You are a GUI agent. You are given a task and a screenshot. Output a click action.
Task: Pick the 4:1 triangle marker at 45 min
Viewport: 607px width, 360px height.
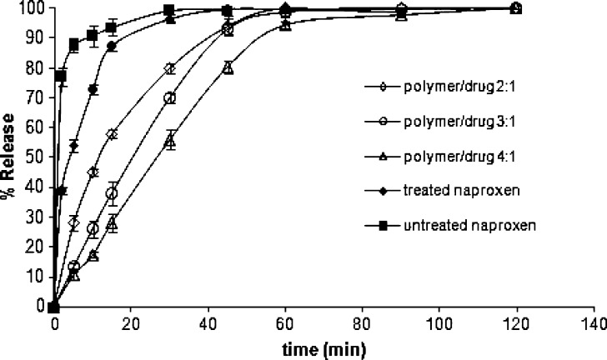point(228,67)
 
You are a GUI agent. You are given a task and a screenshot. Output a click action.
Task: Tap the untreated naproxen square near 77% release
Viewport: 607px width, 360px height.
point(60,76)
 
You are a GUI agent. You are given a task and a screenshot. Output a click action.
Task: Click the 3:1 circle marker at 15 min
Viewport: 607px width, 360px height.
point(112,193)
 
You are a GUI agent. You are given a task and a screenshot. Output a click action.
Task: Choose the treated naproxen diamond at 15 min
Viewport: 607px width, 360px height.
point(112,46)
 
